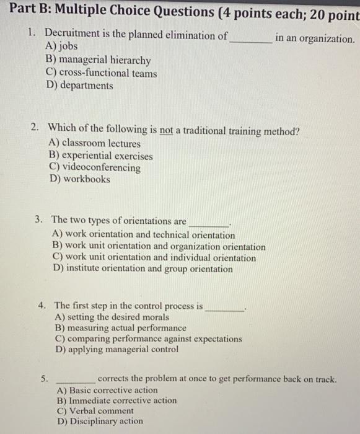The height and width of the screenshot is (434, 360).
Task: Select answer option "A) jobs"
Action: [x=62, y=46]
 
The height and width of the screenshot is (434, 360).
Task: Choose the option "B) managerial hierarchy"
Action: [x=98, y=60]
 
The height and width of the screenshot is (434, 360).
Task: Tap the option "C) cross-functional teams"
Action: [x=101, y=73]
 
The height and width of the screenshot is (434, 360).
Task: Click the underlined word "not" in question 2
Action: [x=165, y=131]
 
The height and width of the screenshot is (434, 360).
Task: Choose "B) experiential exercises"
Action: [x=100, y=156]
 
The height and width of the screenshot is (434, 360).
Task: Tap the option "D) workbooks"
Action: [x=79, y=179]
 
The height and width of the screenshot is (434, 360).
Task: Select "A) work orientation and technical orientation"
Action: [x=144, y=235]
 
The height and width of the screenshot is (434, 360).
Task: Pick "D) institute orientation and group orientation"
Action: [x=143, y=268]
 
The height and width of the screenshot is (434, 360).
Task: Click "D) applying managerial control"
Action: [x=116, y=349]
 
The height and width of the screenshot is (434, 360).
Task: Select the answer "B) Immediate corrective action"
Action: [x=116, y=401]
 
